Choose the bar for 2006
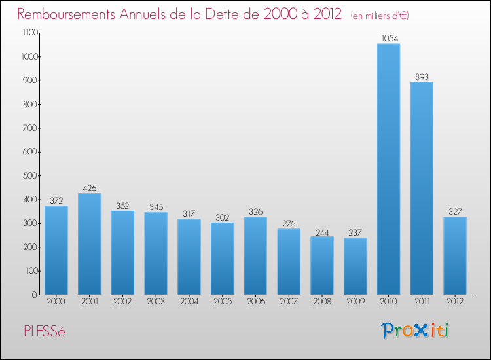pyautogui.click(x=255, y=255)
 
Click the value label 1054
pyautogui.click(x=388, y=38)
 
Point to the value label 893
pyautogui.click(x=422, y=77)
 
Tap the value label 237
pyautogui.click(x=355, y=232)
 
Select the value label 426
pyautogui.click(x=89, y=188)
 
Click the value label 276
pyautogui.click(x=289, y=223)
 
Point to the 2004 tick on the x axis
pyautogui.click(x=189, y=302)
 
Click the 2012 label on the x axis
pyautogui.click(x=455, y=302)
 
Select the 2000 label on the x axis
pyautogui.click(x=56, y=302)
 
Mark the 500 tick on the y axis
pyautogui.click(x=30, y=175)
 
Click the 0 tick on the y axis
pyautogui.click(x=34, y=294)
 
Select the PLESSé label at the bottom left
pyautogui.click(x=44, y=331)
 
